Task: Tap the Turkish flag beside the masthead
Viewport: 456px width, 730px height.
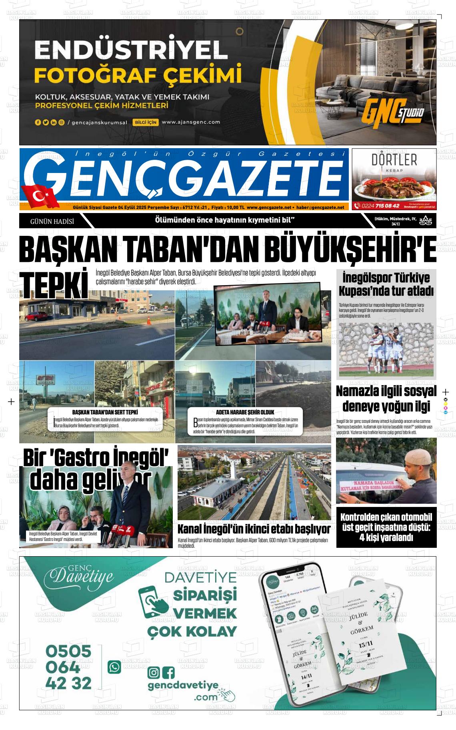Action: point(40,196)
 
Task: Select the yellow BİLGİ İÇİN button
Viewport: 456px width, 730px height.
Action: point(146,122)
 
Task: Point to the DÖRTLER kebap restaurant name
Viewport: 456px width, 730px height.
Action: point(394,160)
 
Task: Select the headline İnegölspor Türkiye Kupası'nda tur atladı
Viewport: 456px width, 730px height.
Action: point(386,284)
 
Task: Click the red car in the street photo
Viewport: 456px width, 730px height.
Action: point(37,316)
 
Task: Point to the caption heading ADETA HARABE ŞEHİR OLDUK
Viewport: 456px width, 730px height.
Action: point(245,412)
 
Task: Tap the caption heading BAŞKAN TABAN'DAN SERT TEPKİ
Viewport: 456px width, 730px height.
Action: point(105,412)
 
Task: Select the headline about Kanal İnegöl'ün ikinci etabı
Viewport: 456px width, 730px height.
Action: point(254,529)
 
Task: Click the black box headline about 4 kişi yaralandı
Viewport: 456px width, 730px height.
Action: point(386,527)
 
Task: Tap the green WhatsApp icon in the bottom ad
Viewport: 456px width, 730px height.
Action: point(114,667)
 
